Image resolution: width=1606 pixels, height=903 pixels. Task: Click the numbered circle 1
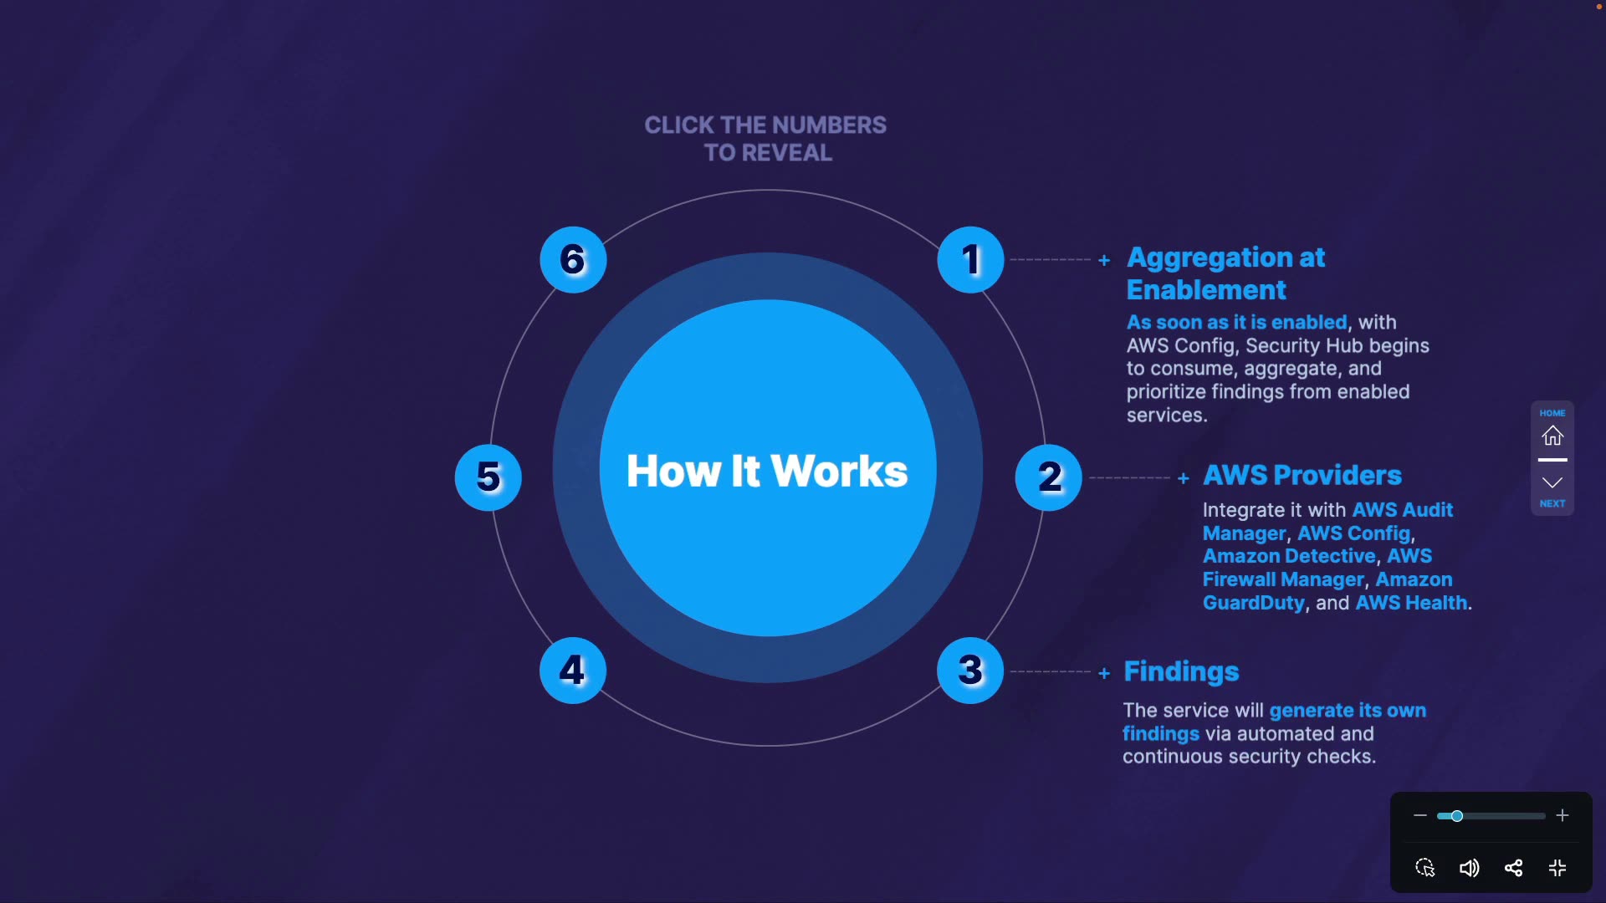970,259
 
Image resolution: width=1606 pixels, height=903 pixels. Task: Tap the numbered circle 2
1048,477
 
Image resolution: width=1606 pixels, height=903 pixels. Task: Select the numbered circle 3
970,670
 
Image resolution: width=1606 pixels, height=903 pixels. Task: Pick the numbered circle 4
573,670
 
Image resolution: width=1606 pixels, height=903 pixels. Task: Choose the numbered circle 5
488,477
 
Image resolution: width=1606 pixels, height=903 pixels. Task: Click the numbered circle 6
573,259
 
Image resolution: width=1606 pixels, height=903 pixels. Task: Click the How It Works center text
767,471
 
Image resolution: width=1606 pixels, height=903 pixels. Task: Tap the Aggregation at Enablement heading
1225,273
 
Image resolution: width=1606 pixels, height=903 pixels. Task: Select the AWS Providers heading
1302,475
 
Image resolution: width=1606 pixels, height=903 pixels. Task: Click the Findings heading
1181,671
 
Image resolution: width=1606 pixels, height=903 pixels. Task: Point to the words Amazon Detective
1289,556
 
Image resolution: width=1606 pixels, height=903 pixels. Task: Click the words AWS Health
1411,603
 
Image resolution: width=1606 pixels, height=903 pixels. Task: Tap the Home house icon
1552,436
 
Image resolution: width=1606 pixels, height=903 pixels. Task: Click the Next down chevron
1552,482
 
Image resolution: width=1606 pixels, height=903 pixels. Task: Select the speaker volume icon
1469,868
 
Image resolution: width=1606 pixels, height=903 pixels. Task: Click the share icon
1513,868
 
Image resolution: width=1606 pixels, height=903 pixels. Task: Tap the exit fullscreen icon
1557,868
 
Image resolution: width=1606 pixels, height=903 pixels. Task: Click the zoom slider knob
1456,816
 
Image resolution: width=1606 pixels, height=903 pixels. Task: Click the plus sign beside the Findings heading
1104,673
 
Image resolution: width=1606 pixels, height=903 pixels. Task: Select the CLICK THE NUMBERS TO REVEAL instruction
765,139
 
